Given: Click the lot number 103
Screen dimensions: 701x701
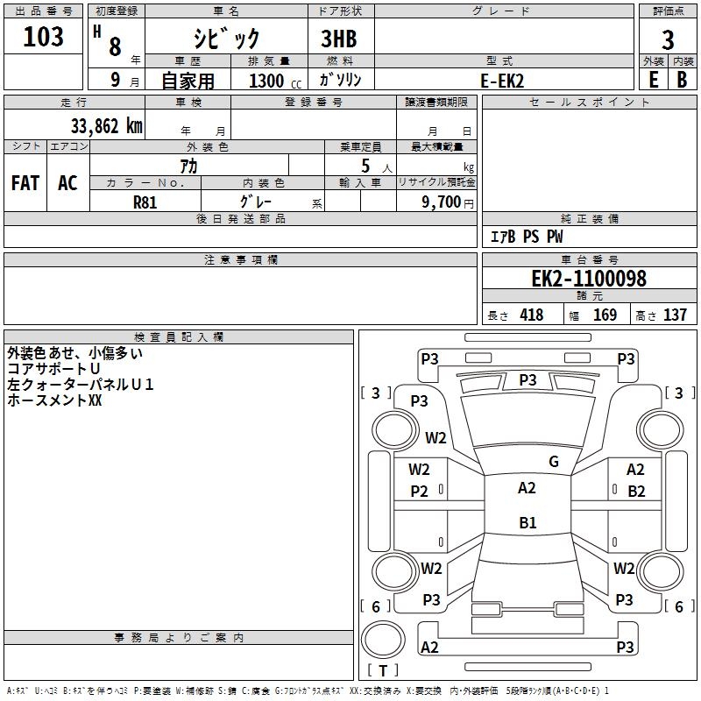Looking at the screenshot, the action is click(x=43, y=37).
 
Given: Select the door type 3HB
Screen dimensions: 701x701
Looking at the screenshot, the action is click(x=339, y=39).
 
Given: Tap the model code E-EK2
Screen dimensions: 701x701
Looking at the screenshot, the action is click(x=502, y=81).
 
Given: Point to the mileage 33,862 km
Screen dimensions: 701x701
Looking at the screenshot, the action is click(x=107, y=126).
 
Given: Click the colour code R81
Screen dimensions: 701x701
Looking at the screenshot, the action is click(x=145, y=202).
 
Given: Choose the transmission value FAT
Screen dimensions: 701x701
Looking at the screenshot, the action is click(x=25, y=183).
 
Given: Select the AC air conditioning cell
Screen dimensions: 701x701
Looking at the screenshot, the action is click(x=68, y=183).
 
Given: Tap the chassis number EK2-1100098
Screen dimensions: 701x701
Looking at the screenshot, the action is click(x=589, y=279).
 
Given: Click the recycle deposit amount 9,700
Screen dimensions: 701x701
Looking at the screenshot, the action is click(x=442, y=202).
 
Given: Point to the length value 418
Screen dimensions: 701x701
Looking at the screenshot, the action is click(x=532, y=315).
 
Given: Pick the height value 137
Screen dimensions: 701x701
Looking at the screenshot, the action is click(x=675, y=315).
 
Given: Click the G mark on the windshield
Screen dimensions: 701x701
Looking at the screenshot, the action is click(x=554, y=462).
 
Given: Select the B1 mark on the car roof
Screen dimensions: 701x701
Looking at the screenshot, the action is click(x=528, y=522).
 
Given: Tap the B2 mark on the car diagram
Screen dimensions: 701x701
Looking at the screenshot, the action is click(x=636, y=492).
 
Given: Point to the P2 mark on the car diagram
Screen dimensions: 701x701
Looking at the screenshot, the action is click(x=419, y=492).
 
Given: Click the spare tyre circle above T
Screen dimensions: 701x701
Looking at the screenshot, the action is click(x=383, y=640).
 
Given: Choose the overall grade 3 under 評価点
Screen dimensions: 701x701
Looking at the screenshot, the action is click(x=668, y=40).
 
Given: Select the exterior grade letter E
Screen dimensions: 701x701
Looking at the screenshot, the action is click(x=654, y=80).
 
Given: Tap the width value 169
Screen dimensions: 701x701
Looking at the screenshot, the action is click(x=605, y=315).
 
